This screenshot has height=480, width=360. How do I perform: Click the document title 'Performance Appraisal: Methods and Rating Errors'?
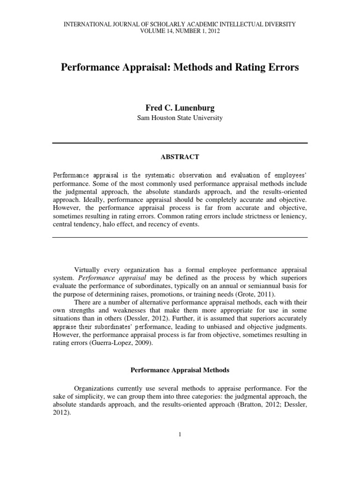point(180,67)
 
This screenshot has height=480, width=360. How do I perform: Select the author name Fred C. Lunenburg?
point(180,108)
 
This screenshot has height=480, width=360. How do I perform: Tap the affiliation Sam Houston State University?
point(180,118)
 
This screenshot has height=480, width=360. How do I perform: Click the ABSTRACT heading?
point(180,157)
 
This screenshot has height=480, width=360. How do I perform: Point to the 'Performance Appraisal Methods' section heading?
point(180,370)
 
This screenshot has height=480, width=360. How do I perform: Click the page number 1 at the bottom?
point(180,435)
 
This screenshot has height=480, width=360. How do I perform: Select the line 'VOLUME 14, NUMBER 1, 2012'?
point(180,31)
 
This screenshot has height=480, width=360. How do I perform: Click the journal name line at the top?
point(180,24)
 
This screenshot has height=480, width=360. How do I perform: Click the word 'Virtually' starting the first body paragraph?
point(89,270)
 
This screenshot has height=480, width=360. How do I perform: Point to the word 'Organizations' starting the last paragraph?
point(96,388)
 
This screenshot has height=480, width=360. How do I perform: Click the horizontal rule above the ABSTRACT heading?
point(180,143)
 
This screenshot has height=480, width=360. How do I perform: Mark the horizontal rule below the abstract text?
point(180,237)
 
